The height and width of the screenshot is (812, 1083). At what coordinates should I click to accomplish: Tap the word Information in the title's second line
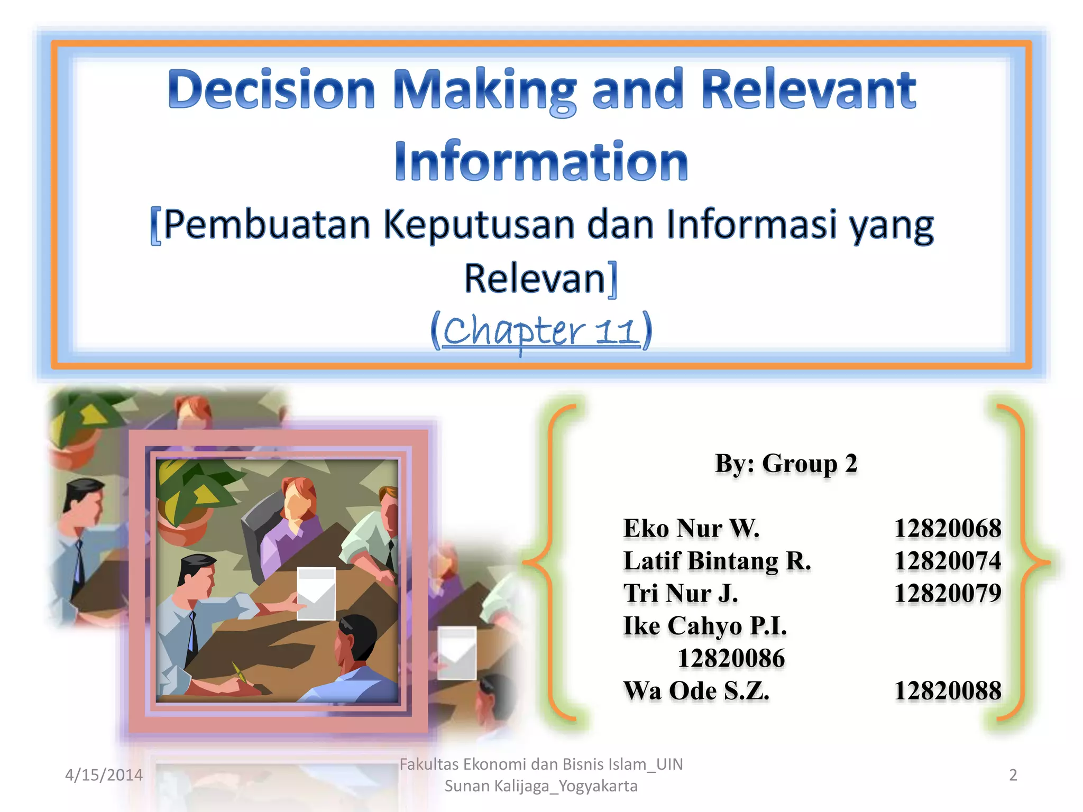(541, 161)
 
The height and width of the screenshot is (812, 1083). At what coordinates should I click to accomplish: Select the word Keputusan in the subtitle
(479, 225)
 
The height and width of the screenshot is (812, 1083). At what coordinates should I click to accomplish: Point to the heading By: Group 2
(786, 464)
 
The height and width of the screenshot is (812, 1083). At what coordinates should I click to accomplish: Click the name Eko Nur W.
(691, 529)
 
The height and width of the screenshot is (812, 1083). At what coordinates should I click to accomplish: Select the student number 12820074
(947, 561)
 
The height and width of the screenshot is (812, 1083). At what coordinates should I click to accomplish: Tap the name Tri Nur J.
(681, 593)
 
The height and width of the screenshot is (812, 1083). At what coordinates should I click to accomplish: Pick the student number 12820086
(731, 659)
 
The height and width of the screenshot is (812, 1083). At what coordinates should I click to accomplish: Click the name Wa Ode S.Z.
(696, 691)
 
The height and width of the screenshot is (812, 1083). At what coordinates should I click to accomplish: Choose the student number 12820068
(947, 529)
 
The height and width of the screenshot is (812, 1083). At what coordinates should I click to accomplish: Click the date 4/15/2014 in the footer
(104, 775)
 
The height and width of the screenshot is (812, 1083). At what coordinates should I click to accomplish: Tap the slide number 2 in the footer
(1013, 775)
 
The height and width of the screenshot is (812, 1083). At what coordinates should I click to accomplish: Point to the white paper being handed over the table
(316, 593)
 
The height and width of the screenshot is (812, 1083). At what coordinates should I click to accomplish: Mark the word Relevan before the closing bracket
(534, 279)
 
